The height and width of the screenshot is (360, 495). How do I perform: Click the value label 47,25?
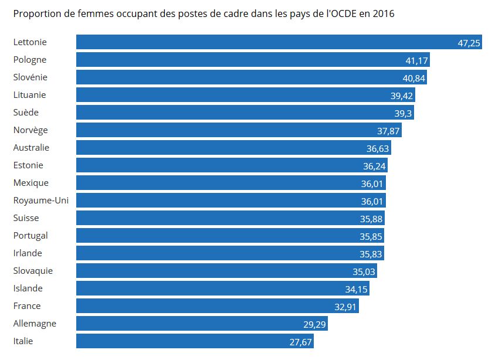point(469,43)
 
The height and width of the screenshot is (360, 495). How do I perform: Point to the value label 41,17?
point(417,60)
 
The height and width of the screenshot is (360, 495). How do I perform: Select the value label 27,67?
point(300,342)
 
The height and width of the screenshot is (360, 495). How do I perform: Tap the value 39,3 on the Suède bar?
point(404,113)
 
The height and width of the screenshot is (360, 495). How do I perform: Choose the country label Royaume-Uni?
point(40,201)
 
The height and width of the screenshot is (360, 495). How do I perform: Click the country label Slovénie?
point(30,77)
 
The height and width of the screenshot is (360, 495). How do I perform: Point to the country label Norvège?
point(30,130)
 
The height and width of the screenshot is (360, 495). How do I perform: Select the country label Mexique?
point(30,183)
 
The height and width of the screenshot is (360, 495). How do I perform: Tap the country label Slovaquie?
point(33,271)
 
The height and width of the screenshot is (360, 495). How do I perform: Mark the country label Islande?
point(28,288)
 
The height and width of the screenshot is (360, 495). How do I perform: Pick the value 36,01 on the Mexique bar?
point(373,184)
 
